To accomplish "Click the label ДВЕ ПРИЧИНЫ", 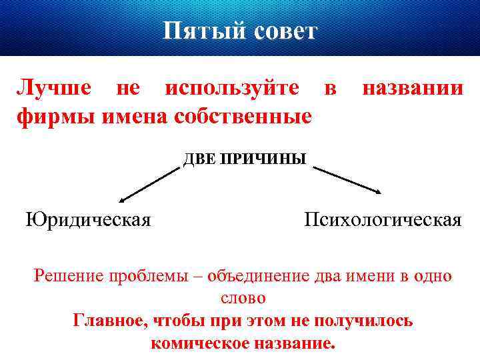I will point(245,159).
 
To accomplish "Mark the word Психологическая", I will point(382,220).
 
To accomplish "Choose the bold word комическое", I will point(201,343).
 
